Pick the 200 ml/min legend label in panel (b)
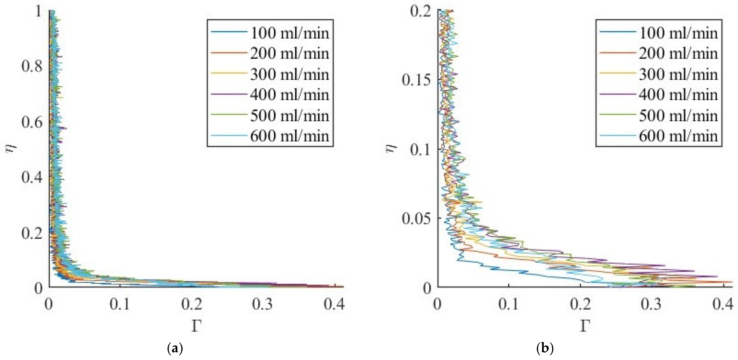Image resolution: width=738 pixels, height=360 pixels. pos(678,54)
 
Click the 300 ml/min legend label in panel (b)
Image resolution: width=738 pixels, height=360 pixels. pos(678,74)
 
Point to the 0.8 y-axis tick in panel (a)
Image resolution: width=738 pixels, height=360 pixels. pos(32,66)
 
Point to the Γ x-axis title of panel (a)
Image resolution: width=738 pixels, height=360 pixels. pos(196,326)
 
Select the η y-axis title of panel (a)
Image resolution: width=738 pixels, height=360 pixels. pos(11,149)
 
